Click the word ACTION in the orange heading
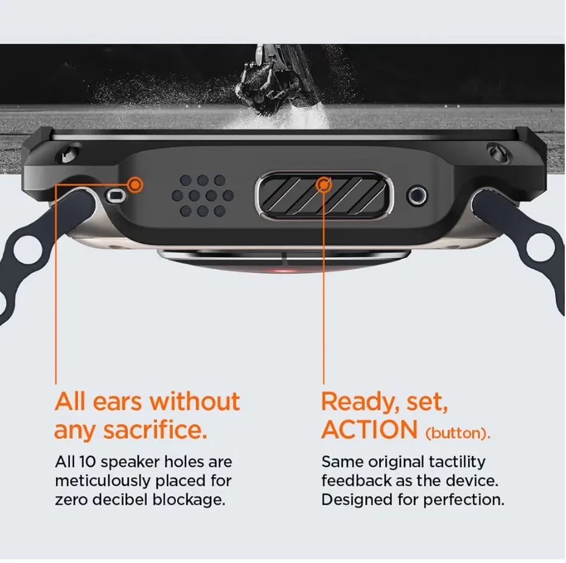(369, 430)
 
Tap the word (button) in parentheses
(458, 433)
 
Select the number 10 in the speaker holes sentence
(87, 461)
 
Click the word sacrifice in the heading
(155, 430)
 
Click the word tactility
(457, 463)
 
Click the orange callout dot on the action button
(324, 185)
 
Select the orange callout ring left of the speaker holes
(135, 185)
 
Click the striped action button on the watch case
(324, 196)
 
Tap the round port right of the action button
(417, 195)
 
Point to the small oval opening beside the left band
(116, 196)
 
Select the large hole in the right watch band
(540, 247)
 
